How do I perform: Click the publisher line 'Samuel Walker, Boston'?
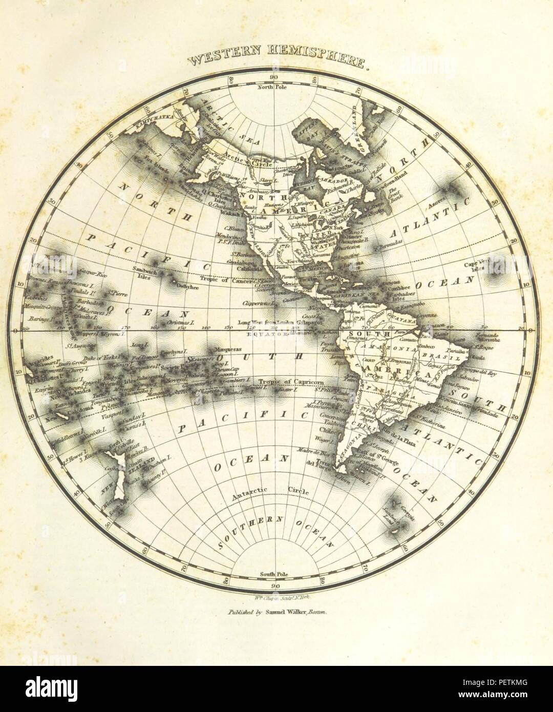point(275,612)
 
